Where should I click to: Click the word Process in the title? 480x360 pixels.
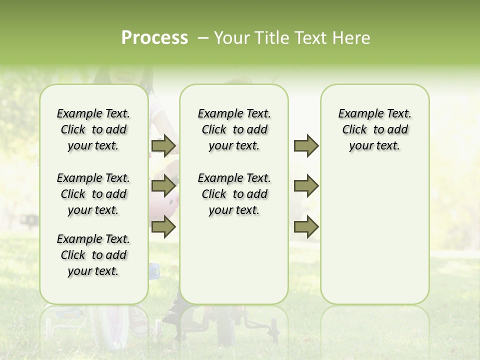[x=154, y=38]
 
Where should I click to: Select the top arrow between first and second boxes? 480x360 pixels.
[x=163, y=146]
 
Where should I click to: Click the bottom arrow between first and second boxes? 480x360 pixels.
[x=163, y=227]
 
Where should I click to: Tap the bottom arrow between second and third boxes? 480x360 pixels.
[x=306, y=227]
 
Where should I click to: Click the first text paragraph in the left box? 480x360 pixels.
[x=93, y=129]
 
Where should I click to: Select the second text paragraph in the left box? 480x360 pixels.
[x=93, y=194]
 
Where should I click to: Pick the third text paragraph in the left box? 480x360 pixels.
[x=93, y=255]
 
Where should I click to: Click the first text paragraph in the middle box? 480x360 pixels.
[x=234, y=129]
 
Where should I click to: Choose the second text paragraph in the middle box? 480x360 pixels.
[x=234, y=194]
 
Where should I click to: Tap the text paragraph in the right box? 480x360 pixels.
[x=374, y=129]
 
